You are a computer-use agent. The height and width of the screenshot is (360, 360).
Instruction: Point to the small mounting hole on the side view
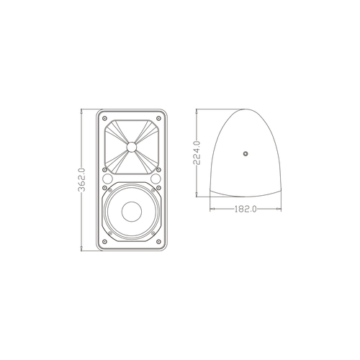click(x=245, y=153)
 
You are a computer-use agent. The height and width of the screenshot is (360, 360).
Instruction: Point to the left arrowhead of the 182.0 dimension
click(x=211, y=209)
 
